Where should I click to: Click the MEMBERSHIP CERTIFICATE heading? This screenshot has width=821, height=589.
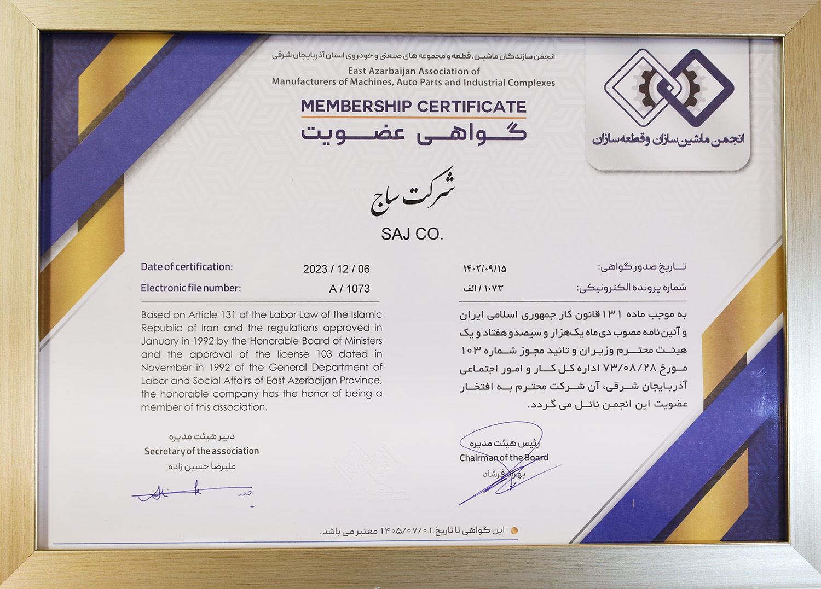(x=413, y=106)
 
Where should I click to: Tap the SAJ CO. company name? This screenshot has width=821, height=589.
(x=412, y=234)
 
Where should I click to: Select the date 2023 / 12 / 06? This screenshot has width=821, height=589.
(x=336, y=269)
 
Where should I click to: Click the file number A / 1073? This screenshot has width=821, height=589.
(x=349, y=289)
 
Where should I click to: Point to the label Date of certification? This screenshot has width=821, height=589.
(x=187, y=267)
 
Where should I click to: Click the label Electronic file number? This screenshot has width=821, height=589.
(x=190, y=288)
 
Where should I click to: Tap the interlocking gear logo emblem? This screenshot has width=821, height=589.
(x=669, y=88)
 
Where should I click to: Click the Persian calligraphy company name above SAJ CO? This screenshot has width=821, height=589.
(x=413, y=195)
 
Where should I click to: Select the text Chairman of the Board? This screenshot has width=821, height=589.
(x=504, y=458)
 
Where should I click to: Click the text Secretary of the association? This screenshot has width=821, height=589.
(x=201, y=451)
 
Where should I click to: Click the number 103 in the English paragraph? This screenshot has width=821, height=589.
(x=324, y=354)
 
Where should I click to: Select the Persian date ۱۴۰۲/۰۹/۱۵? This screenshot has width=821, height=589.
(x=484, y=269)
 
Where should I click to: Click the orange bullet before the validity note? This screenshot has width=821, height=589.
(x=513, y=530)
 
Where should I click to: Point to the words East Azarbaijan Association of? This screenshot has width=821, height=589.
(x=414, y=71)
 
